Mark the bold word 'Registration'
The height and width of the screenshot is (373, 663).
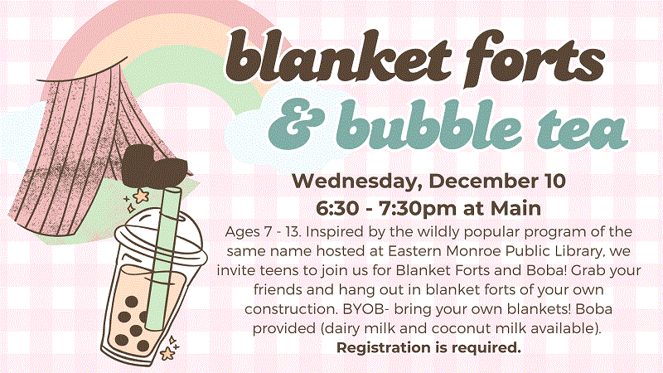[x=383, y=346]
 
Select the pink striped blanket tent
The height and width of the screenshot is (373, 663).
[x=75, y=141]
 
